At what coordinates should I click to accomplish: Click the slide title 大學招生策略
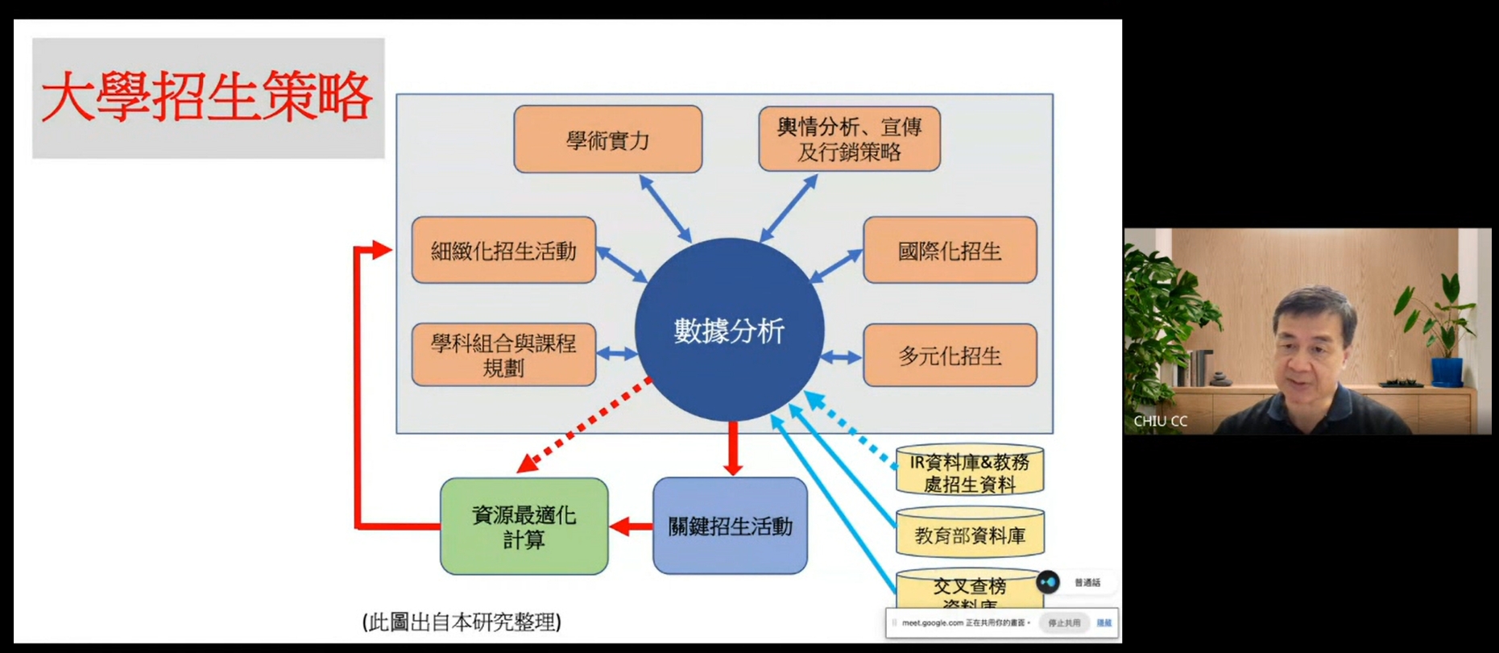click(207, 98)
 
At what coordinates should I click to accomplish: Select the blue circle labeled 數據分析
click(729, 330)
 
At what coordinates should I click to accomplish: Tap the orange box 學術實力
click(607, 139)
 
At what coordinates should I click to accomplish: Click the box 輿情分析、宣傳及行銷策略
click(849, 139)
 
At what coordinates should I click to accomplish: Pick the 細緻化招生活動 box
click(503, 251)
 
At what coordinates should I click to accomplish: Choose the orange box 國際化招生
click(950, 251)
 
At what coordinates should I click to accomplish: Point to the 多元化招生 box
click(950, 356)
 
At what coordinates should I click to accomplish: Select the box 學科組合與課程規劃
click(503, 356)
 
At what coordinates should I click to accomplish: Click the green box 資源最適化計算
click(524, 526)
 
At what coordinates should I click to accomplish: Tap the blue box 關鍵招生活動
click(730, 526)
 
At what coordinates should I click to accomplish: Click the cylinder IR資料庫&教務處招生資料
click(969, 472)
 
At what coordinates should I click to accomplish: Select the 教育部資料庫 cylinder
click(969, 534)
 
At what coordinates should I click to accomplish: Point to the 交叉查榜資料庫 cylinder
click(969, 591)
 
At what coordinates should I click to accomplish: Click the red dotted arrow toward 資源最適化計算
click(584, 426)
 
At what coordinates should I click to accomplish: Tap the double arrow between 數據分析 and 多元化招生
click(842, 356)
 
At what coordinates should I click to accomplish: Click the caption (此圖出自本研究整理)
click(462, 622)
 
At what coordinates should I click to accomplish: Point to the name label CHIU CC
click(1160, 421)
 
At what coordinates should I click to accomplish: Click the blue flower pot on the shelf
click(1447, 372)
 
